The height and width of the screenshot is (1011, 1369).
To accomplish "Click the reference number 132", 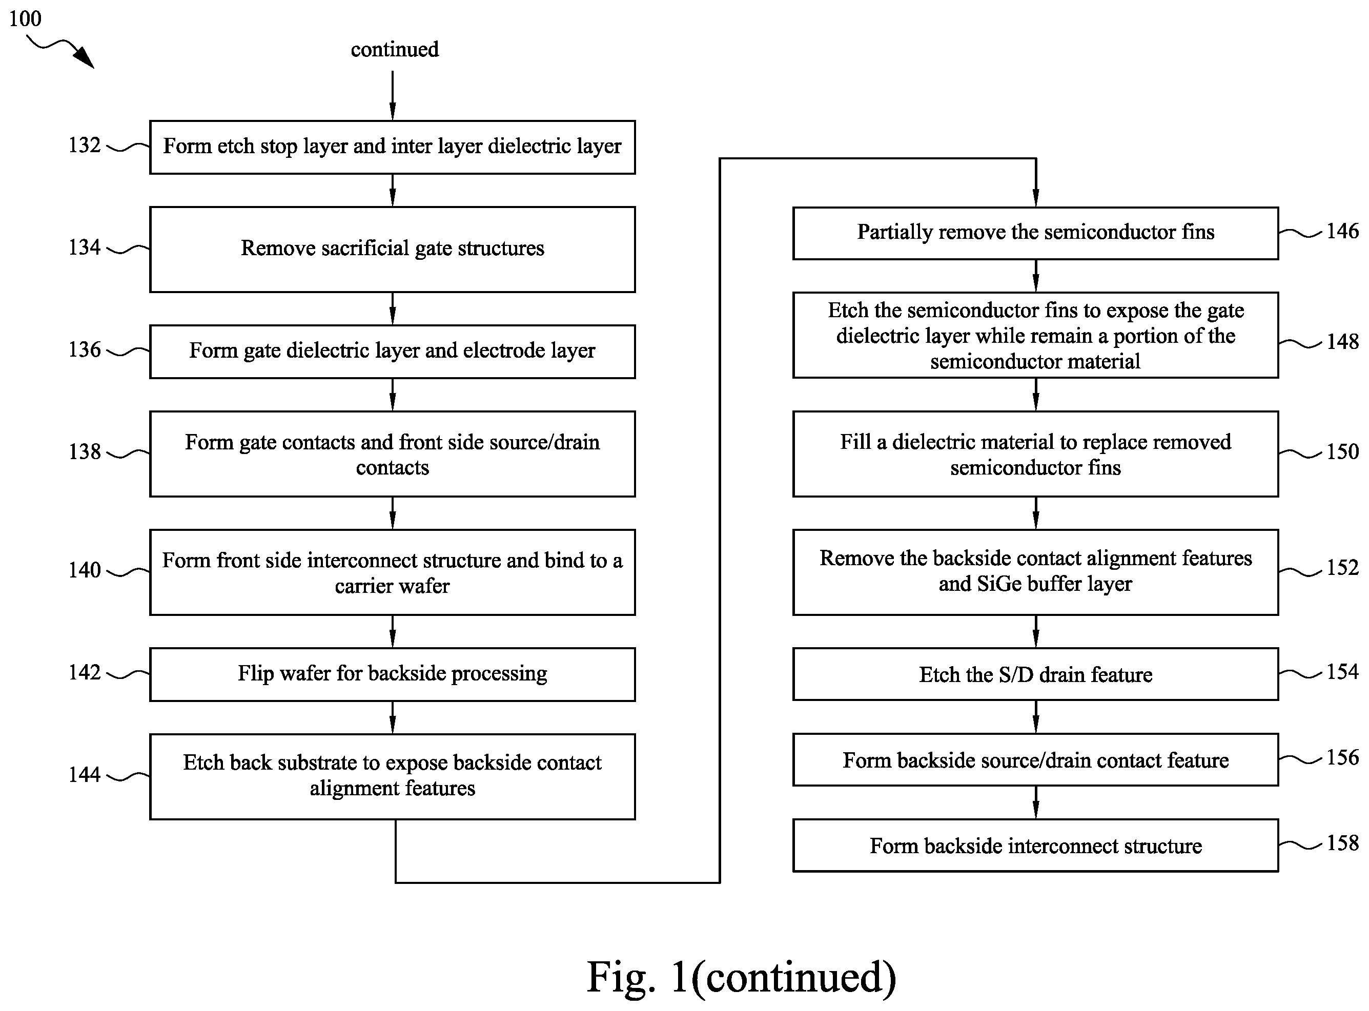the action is coord(85,145).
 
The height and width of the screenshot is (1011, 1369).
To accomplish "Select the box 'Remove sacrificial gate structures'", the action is coord(392,249).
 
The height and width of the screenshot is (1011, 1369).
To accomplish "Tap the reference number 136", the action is coord(85,349).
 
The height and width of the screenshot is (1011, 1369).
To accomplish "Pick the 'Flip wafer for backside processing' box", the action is coord(392,674).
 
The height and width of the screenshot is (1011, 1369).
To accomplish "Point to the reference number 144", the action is coord(85,774).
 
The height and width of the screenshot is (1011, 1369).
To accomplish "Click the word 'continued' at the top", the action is coord(395,49).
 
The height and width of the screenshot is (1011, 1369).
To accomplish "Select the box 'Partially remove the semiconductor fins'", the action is coord(1035,233).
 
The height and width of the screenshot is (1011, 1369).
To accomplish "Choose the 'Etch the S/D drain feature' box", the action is coord(1035,674).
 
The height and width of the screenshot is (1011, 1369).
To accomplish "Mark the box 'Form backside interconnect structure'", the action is coord(1035,845).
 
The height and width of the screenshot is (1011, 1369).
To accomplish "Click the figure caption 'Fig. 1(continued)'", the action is coord(742,977).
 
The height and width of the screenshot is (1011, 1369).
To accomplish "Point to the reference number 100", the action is coord(25,18).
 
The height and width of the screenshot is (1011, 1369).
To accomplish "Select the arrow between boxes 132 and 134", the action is coord(392,190).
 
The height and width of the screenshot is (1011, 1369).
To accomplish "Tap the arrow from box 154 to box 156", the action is coord(1035,717).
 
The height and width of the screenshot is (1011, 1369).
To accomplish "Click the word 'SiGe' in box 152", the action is coord(996,584).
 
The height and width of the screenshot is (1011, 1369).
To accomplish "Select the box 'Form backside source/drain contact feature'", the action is coord(1035,759).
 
